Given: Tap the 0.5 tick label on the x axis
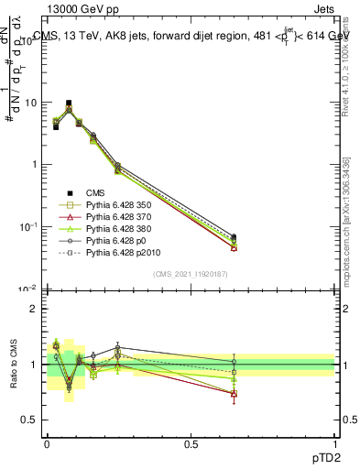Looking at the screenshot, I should pos(191,442).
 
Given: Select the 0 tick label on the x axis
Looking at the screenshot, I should pos(48,442).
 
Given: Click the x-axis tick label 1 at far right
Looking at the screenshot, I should pos(334,442).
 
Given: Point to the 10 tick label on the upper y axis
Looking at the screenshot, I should pos(30,103).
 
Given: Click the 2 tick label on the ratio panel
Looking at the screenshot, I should pos(34,309).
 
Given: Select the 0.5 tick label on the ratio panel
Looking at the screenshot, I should pos(29,420).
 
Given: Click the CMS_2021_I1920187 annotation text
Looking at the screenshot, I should pos(191,273).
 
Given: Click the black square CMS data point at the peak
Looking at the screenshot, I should pos(69,104).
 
